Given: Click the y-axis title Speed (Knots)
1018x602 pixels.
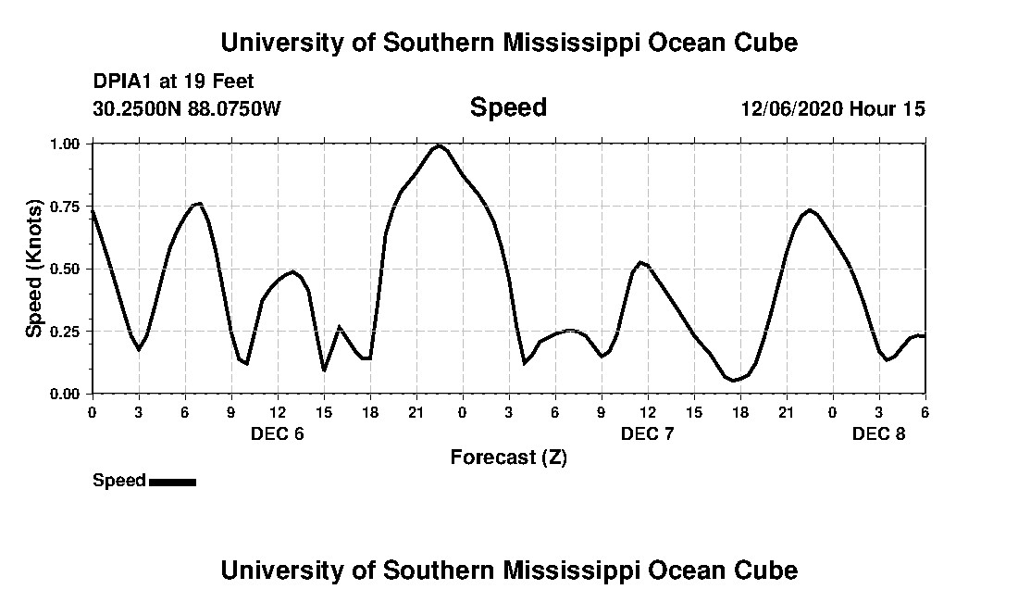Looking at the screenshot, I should [33, 269].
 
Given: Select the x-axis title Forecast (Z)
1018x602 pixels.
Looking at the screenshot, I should [508, 457].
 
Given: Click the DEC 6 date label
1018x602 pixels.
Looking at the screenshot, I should [277, 433].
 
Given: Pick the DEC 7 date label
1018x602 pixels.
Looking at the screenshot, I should [647, 433].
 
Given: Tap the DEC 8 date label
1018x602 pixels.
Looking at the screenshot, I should [878, 433].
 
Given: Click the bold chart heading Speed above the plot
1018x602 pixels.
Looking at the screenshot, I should [508, 107].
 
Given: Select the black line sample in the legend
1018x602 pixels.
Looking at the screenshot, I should [172, 482].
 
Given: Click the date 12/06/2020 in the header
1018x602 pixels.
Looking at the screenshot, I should [791, 108].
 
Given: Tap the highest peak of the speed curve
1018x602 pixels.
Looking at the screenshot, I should [439, 145].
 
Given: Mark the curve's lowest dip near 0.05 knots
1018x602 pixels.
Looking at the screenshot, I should [734, 380].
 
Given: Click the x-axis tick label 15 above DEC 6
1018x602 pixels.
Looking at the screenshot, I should [323, 412].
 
